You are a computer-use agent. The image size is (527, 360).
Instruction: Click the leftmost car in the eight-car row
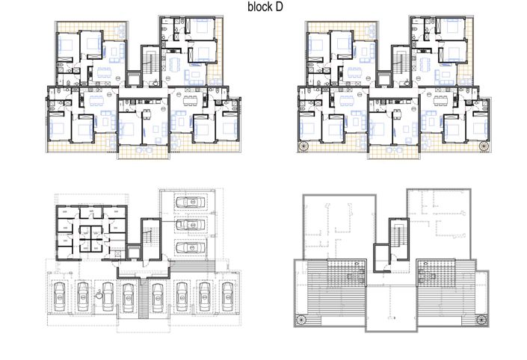(x=58, y=297)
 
